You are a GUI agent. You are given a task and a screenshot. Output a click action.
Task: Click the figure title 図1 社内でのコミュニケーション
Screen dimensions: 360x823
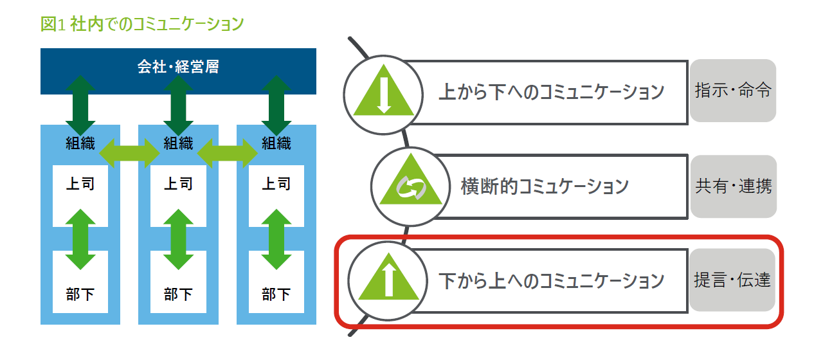pos(142,24)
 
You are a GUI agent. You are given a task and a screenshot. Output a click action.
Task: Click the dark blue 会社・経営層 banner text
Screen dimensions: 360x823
pos(178,66)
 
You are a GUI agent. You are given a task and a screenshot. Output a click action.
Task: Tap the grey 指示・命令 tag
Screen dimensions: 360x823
pos(733,91)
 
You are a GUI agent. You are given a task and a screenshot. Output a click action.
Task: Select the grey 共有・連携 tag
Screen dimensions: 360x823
pos(733,186)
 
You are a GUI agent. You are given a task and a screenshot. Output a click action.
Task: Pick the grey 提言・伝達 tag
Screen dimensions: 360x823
pos(732,280)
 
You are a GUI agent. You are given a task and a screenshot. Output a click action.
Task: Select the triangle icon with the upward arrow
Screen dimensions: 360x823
pos(386,281)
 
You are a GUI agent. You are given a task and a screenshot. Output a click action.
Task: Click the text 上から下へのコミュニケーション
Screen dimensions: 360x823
pos(551,91)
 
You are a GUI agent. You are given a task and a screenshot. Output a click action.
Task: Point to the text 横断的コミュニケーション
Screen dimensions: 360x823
pos(545,186)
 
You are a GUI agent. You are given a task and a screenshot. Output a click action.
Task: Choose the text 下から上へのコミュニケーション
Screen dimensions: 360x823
pos(551,281)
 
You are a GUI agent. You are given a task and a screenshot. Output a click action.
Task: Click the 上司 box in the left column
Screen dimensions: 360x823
pos(80,184)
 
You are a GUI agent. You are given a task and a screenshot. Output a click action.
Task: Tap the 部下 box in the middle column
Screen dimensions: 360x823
pos(178,295)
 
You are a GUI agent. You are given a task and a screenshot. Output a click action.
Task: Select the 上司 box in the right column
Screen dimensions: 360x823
pos(276,184)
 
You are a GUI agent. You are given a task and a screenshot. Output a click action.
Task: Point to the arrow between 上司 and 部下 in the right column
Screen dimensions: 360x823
pos(276,239)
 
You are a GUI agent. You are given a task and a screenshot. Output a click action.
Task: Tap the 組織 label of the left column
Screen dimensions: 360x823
pos(80,143)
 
